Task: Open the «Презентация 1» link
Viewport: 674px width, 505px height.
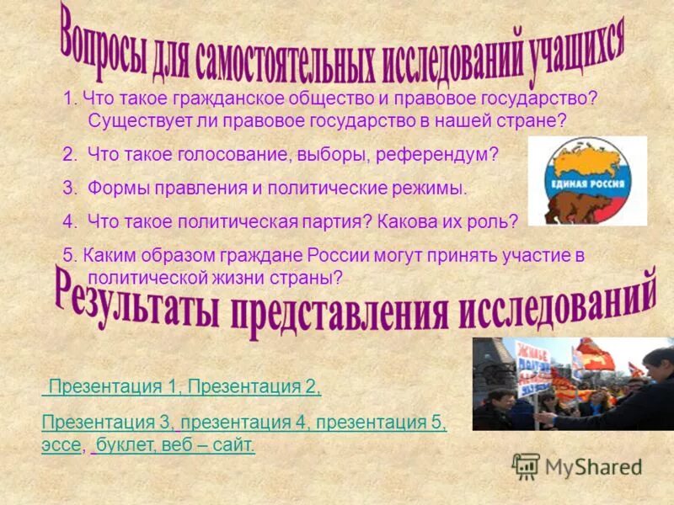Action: (x=116, y=386)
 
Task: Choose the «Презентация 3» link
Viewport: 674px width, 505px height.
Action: (x=108, y=423)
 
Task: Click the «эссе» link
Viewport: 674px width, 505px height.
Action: (x=61, y=444)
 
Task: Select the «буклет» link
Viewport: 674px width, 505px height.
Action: (x=123, y=444)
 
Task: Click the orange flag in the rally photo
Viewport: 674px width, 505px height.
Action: (x=599, y=353)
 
